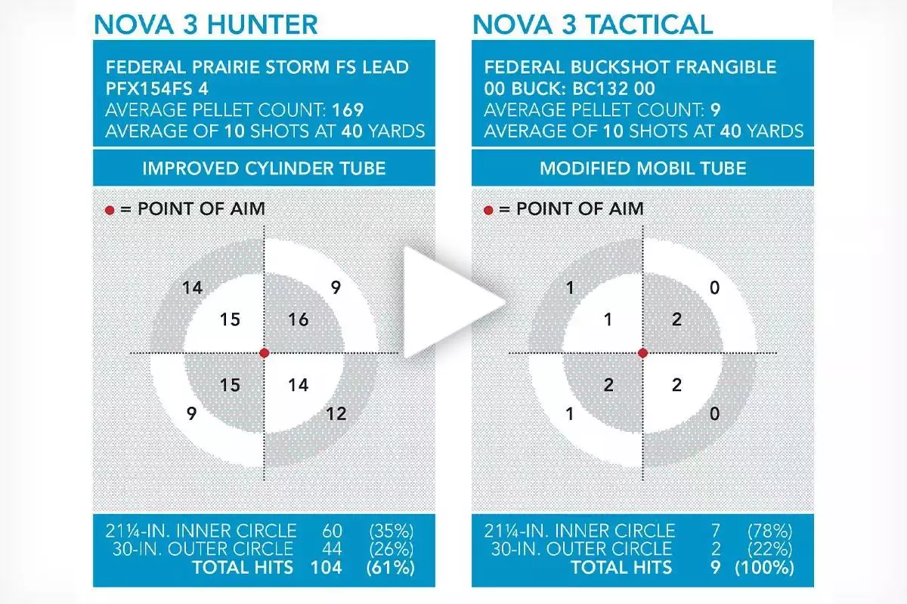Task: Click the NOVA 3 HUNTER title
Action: (206, 25)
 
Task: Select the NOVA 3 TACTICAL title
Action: (593, 25)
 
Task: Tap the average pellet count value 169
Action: (348, 110)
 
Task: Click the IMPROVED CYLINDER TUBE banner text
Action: (264, 168)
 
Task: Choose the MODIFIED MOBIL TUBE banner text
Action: (643, 168)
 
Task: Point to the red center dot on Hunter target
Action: (265, 353)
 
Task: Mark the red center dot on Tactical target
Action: (642, 353)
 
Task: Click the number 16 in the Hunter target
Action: (299, 319)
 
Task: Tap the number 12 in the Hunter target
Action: (336, 414)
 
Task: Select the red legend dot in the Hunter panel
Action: (110, 211)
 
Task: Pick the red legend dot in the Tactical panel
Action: (488, 211)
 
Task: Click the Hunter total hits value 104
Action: (327, 567)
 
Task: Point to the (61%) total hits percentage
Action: (390, 567)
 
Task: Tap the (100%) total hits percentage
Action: (764, 567)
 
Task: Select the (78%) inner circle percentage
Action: (769, 530)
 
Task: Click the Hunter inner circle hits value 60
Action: (333, 530)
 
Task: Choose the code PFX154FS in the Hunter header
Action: (149, 88)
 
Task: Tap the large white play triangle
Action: (450, 303)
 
